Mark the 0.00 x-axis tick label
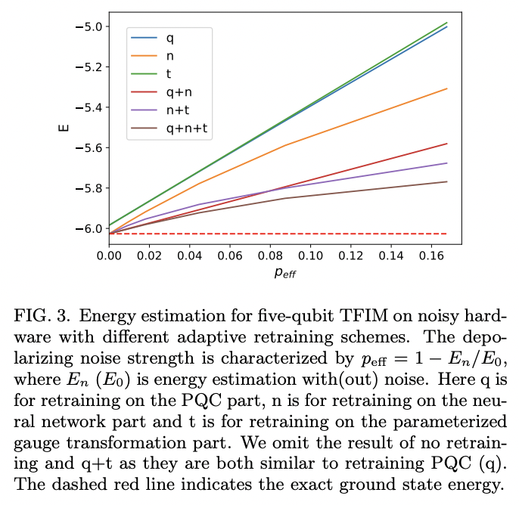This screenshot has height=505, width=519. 109,256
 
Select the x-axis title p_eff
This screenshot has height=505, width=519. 285,273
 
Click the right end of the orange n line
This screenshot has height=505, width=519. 447,88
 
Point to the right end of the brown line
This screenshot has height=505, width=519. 447,181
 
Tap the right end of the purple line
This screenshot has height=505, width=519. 447,163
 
